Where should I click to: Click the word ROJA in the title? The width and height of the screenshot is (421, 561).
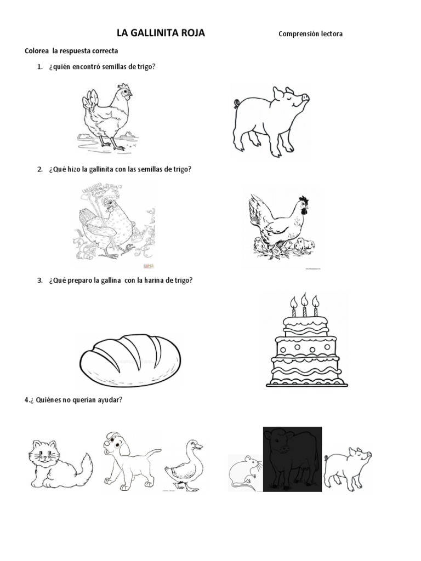[189, 33]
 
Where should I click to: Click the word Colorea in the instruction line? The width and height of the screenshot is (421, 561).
[37, 51]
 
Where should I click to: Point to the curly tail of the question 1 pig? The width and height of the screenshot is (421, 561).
[236, 102]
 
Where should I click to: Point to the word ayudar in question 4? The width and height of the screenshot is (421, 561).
[110, 400]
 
